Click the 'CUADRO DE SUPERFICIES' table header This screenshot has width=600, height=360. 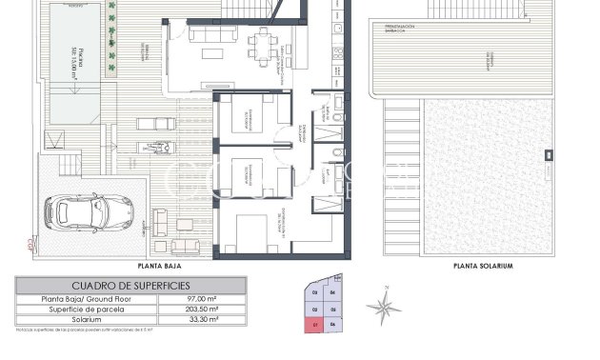[130, 286]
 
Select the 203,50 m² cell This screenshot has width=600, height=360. [202, 310]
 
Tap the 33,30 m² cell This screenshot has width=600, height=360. [202, 320]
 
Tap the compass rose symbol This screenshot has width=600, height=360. [383, 307]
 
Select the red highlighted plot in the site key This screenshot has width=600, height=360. [315, 325]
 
